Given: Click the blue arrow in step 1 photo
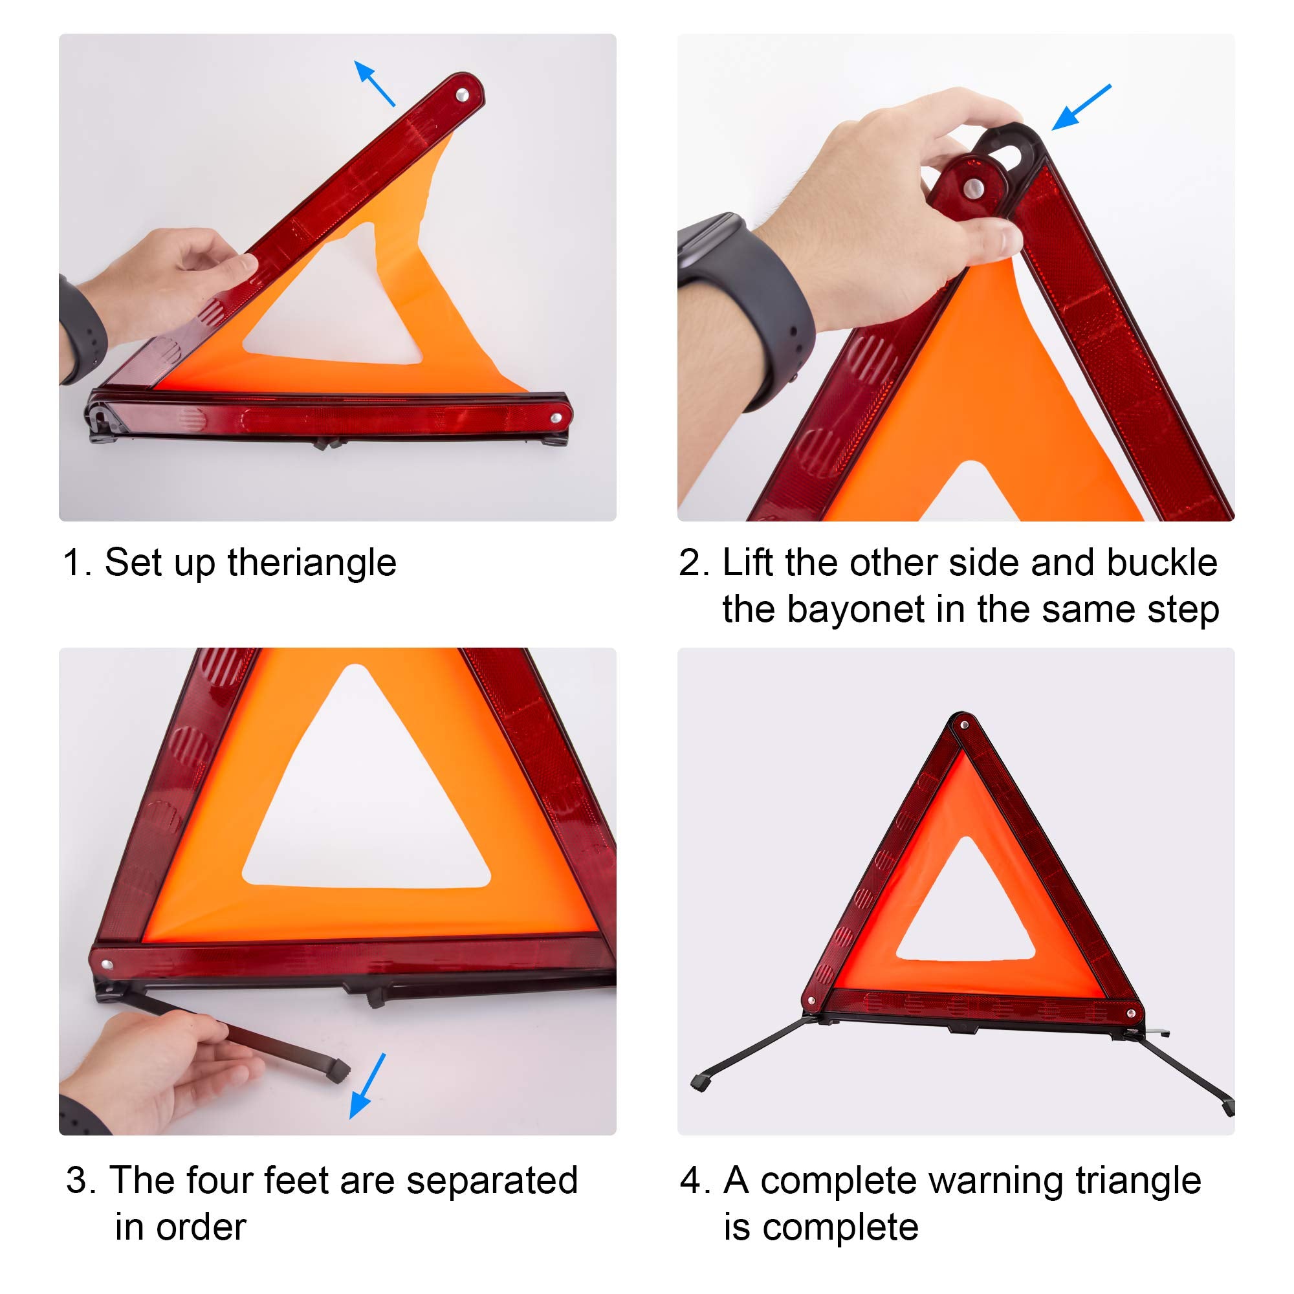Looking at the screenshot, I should [x=375, y=83].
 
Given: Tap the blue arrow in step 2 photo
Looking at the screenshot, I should [x=1081, y=107].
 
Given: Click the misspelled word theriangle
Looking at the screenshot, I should [x=311, y=563].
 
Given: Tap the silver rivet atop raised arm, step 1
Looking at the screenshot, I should [x=462, y=96].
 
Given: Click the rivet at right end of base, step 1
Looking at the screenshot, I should [x=556, y=418].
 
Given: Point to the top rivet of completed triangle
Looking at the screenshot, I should [x=964, y=725].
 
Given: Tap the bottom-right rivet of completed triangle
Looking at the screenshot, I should [x=1131, y=1013].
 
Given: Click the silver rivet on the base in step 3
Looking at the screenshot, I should [x=107, y=965].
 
